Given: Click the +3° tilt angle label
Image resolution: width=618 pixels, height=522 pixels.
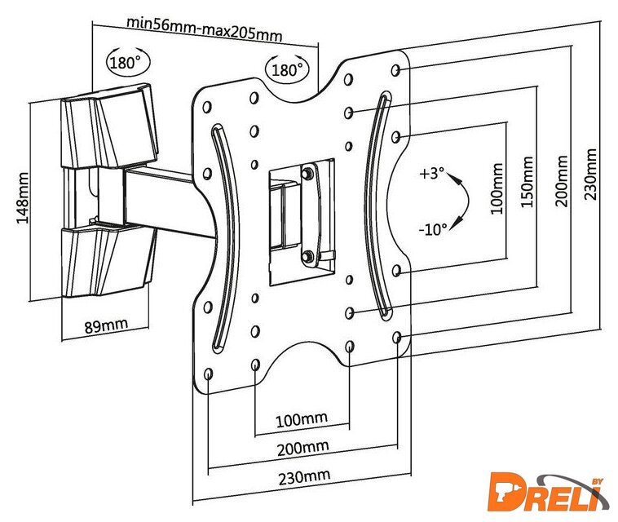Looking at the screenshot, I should tap(431, 174).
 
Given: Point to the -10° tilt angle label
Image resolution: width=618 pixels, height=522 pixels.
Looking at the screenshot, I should tap(432, 229).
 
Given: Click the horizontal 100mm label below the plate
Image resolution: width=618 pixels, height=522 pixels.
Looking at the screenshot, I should tap(301, 419).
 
